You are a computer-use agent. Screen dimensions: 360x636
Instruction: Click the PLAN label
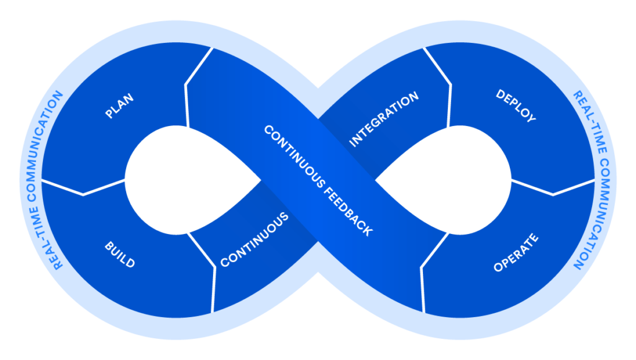[x=120, y=106]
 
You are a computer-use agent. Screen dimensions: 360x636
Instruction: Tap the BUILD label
[x=119, y=254]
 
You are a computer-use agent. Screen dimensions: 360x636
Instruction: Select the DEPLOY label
[x=516, y=106]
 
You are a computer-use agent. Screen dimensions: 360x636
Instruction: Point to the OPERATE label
[x=516, y=253]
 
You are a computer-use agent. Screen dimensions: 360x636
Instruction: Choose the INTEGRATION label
[x=384, y=120]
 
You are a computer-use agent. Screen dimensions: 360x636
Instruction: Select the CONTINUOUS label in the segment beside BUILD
[x=255, y=240]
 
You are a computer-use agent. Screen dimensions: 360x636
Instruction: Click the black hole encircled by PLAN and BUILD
[x=186, y=180]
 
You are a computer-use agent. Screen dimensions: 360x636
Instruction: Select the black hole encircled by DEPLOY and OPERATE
[x=447, y=180]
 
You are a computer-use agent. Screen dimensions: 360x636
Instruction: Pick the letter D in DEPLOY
[x=501, y=94]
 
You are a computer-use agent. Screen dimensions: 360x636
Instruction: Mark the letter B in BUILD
[x=107, y=246]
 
